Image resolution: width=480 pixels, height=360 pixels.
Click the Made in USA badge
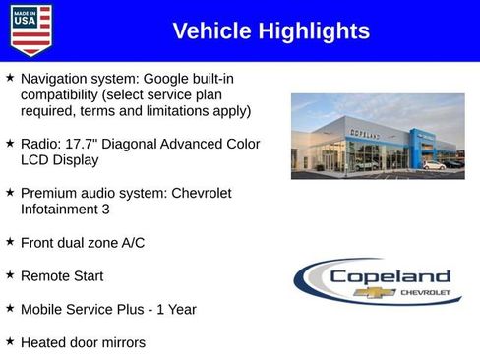tap(30, 30)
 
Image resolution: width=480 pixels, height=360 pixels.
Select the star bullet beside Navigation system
tap(10, 77)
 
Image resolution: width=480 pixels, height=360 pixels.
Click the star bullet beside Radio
tap(10, 143)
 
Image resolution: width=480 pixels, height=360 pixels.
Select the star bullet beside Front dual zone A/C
tap(10, 241)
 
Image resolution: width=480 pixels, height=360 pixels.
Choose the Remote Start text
tap(62, 276)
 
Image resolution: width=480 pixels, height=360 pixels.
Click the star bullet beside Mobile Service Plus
tap(10, 308)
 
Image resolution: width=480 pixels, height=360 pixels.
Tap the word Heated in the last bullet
tap(45, 342)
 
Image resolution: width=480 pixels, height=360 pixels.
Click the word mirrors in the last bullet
tap(120, 342)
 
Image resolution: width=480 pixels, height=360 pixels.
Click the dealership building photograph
tap(378, 136)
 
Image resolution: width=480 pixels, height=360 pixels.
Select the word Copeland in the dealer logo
tap(390, 276)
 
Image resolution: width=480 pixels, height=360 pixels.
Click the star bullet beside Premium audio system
tap(10, 192)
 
